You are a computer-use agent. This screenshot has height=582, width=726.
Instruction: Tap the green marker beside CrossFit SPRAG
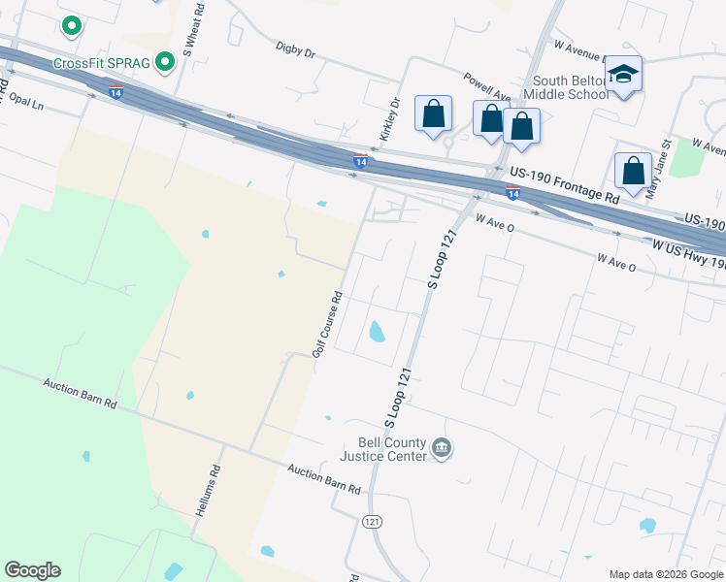(x=165, y=63)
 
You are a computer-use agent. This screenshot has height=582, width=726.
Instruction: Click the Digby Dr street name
(x=296, y=48)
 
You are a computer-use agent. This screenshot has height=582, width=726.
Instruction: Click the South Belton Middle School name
(x=567, y=86)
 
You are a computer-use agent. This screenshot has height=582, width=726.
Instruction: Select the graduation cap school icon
(x=622, y=75)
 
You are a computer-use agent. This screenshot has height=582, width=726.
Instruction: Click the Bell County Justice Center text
(x=383, y=449)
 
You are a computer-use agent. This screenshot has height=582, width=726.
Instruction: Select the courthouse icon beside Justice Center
(x=442, y=448)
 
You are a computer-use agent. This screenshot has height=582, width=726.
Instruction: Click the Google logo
(x=32, y=570)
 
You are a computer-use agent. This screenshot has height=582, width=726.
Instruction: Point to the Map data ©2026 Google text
(x=665, y=574)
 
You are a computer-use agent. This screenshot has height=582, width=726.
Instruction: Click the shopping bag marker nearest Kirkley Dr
(x=433, y=113)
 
